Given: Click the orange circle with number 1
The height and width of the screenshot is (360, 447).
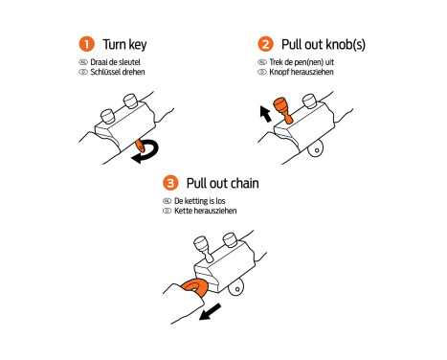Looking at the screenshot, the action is (x=86, y=44).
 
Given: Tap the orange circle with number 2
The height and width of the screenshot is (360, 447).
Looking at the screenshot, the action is (x=265, y=44).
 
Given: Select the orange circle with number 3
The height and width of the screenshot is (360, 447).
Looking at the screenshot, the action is (x=170, y=183).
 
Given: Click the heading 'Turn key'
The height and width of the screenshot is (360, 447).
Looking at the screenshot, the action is (x=124, y=44).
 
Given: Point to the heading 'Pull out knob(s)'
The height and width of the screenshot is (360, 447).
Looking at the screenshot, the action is (x=324, y=44).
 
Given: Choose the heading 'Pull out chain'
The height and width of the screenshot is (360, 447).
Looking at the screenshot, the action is (x=222, y=183).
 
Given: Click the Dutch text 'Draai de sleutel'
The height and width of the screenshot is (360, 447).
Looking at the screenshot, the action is (x=115, y=62).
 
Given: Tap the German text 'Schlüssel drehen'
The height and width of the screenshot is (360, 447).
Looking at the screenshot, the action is (x=118, y=72).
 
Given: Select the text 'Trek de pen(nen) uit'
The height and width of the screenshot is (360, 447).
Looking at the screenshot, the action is (x=302, y=62).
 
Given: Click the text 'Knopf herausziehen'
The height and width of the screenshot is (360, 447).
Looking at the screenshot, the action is (x=302, y=72).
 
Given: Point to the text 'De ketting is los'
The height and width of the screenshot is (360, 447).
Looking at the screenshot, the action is (x=199, y=201).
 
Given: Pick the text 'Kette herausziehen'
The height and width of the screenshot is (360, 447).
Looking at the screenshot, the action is (x=205, y=211).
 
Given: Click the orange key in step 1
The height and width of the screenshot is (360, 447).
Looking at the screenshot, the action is (x=140, y=146).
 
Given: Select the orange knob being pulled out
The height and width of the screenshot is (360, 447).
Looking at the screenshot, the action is (x=282, y=109).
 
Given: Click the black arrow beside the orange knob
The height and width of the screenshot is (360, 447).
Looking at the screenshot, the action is (x=265, y=114).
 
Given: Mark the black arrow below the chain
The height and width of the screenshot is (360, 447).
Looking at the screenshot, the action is (x=210, y=312).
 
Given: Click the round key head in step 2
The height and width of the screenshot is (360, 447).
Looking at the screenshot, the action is (x=316, y=149).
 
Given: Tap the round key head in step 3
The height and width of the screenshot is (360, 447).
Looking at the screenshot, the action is (x=236, y=288).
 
